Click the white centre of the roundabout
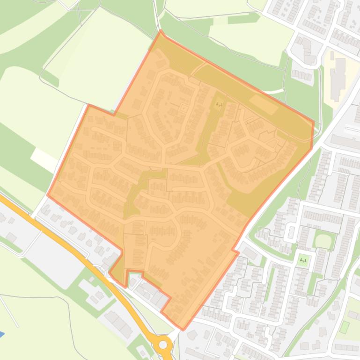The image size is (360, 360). click(163, 345)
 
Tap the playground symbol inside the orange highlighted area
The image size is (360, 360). click(219, 105)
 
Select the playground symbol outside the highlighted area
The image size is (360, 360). click(303, 260)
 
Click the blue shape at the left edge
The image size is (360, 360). click(1, 334)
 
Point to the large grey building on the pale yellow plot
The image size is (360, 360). click(338, 77)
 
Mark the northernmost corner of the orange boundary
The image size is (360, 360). click(161, 31)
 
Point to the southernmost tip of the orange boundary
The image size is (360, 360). click(183, 329)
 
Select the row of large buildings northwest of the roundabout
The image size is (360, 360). click(118, 323)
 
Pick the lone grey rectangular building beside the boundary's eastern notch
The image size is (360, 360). click(250, 253)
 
